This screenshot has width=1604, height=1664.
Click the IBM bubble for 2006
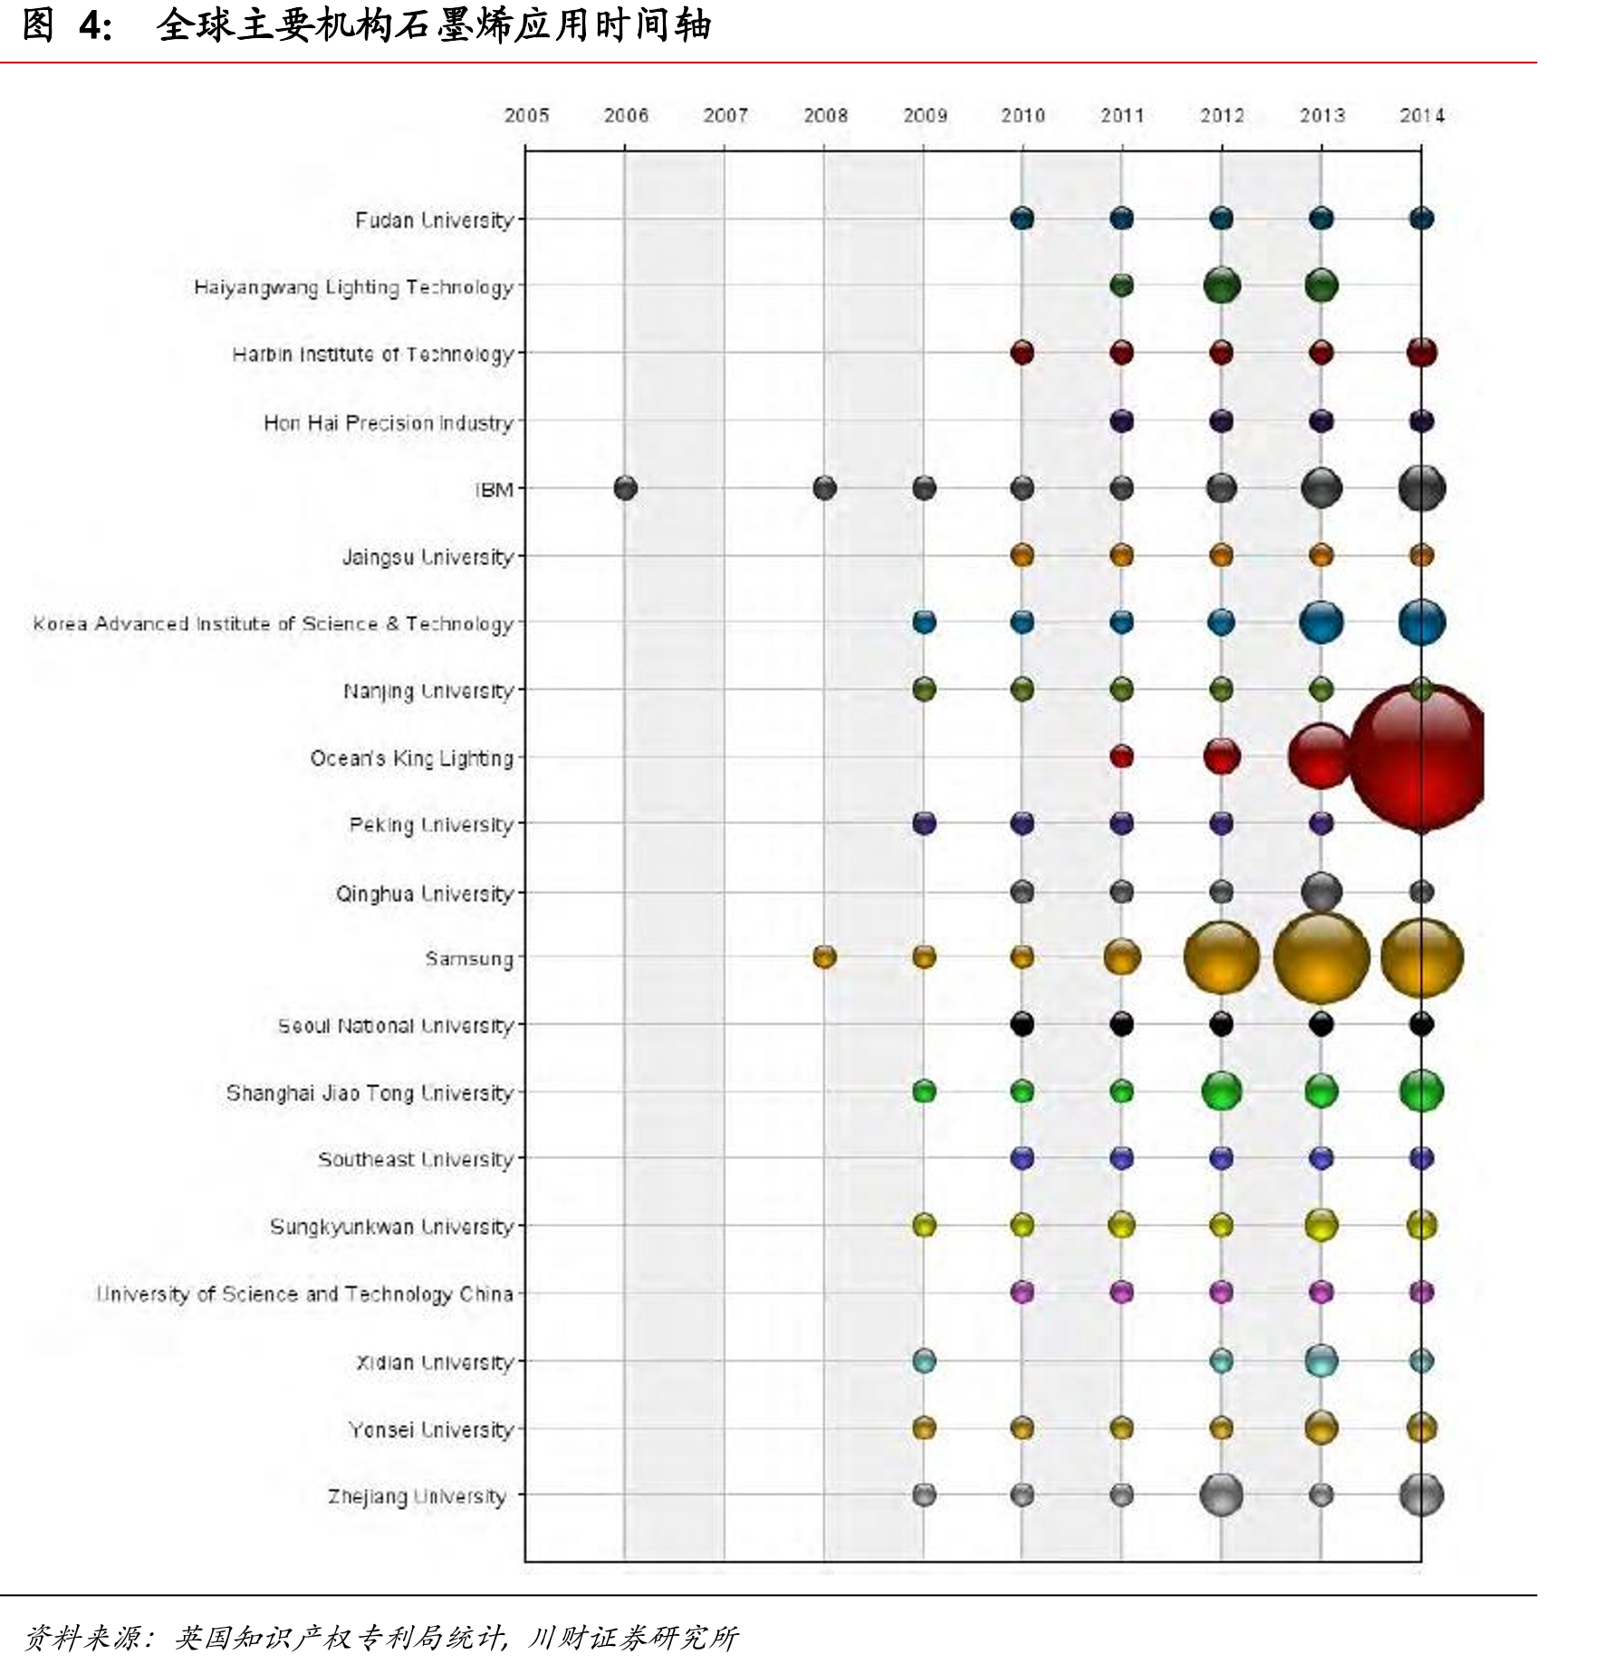coord(625,488)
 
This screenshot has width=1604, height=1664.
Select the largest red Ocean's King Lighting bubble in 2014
coord(1417,757)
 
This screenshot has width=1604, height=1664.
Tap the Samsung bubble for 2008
coord(824,957)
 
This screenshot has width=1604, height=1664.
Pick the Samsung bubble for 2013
coord(1321,957)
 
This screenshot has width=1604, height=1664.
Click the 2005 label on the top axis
coord(526,115)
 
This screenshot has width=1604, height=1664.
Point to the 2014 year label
coord(1422,115)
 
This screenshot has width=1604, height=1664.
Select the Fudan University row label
coord(434,220)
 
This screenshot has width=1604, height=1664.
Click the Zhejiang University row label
coord(417,1496)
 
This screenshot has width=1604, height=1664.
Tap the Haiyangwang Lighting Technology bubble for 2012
coord(1222,285)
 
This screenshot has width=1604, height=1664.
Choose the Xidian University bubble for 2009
coord(924,1361)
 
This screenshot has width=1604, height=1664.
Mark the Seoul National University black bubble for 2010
coord(1023,1024)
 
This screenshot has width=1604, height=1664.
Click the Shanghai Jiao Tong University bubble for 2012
coord(1222,1091)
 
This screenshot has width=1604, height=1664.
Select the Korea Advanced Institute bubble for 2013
coord(1321,622)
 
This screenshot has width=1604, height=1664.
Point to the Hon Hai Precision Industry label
coord(389,422)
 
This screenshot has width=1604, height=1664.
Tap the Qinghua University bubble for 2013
coord(1321,891)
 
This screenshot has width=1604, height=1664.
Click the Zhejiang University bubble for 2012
coord(1221,1495)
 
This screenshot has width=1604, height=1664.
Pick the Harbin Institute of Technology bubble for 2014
coord(1422,352)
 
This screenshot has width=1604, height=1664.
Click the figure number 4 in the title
coord(90,25)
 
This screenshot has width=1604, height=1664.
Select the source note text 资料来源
coord(82,1638)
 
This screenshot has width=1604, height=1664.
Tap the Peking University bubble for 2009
coord(924,823)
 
